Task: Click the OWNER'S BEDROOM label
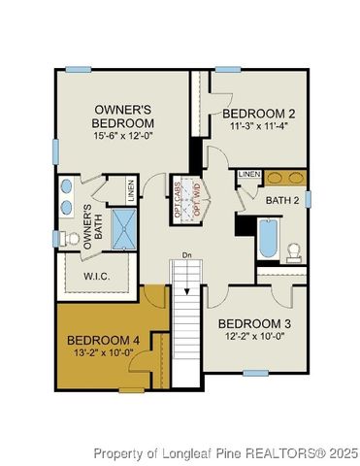click(123, 116)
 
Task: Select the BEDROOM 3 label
click(254, 323)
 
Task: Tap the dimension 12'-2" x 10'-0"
click(254, 337)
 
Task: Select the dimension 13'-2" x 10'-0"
click(100, 354)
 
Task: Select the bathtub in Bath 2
click(268, 239)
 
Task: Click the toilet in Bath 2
click(294, 250)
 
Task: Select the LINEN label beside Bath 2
click(249, 174)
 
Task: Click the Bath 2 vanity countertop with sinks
click(285, 178)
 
